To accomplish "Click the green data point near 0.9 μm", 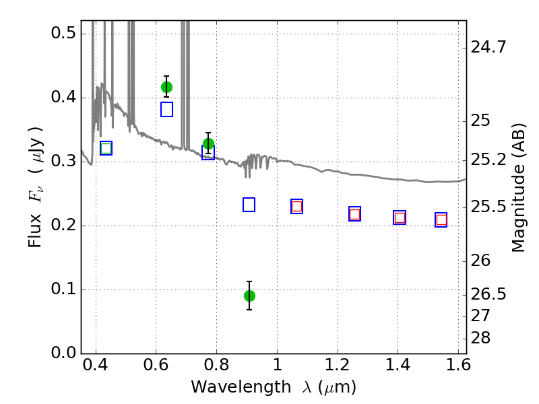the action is [x=249, y=296].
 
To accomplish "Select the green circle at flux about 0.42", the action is [x=166, y=88].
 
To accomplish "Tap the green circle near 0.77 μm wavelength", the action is [x=208, y=143].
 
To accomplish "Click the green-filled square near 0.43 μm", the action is [x=106, y=148].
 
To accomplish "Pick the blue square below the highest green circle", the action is [x=166, y=109].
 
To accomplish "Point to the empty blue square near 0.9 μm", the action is [x=249, y=205].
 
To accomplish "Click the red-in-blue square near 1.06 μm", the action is [x=296, y=207].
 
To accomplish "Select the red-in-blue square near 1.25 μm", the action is [x=355, y=214].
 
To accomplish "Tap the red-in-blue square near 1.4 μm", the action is [x=400, y=217].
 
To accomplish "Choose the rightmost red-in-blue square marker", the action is [x=441, y=220].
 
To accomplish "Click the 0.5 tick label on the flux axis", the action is [x=63, y=33].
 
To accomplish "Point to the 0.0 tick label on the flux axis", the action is [x=63, y=353].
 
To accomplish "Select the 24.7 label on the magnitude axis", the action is [x=488, y=46].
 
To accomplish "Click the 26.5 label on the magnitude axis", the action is [x=488, y=294].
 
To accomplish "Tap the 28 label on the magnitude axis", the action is [x=480, y=338].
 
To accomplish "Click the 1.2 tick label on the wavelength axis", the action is [x=338, y=365].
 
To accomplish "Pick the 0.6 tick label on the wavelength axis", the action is [x=156, y=365].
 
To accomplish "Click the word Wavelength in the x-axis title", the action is [x=241, y=387].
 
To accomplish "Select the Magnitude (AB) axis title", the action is [x=519, y=189].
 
